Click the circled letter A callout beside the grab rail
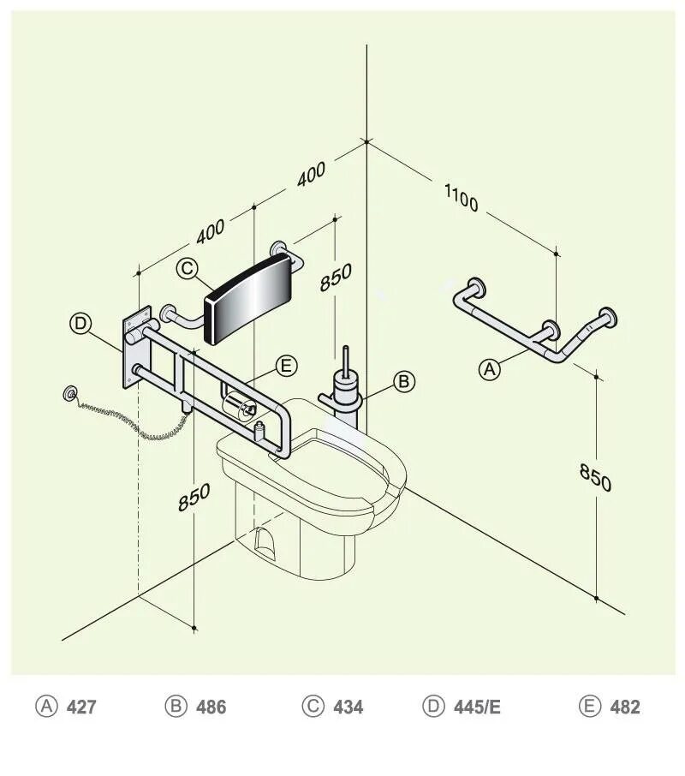coord(489,369)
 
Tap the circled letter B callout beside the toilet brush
coord(404,381)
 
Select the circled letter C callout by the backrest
coord(188,268)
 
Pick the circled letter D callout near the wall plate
coord(80,323)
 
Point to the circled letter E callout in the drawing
coord(287,366)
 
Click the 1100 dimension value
coord(461,198)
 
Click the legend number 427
coord(81,707)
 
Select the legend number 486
coord(211,707)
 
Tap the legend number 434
coord(348,707)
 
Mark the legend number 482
coord(624,707)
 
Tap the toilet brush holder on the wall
coord(345,393)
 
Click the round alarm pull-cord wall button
coord(68,394)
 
